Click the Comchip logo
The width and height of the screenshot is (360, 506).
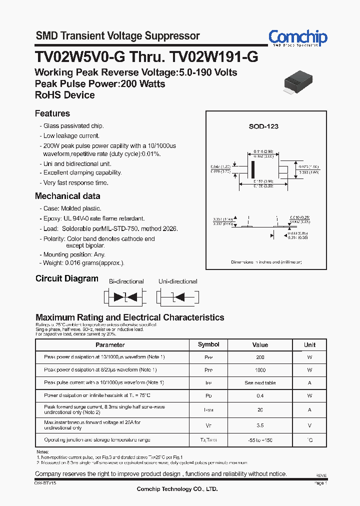297,37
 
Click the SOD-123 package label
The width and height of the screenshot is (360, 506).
263,126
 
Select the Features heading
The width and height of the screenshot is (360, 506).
52,113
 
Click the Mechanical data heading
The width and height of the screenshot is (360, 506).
67,196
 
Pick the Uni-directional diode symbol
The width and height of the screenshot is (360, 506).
178,297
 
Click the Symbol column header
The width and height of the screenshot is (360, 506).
208,344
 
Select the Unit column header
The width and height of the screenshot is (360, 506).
309,345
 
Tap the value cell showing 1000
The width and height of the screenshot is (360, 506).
260,370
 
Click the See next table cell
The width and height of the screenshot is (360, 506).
260,383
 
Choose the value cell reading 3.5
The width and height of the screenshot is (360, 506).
260,425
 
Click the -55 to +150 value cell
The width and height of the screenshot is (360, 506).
260,440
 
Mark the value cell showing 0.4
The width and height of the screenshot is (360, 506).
260,395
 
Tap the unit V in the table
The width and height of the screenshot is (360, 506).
309,425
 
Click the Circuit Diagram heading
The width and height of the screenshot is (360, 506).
67,278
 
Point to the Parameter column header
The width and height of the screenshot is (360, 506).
110,345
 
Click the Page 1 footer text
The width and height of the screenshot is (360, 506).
320,483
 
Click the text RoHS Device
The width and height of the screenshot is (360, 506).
65,95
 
